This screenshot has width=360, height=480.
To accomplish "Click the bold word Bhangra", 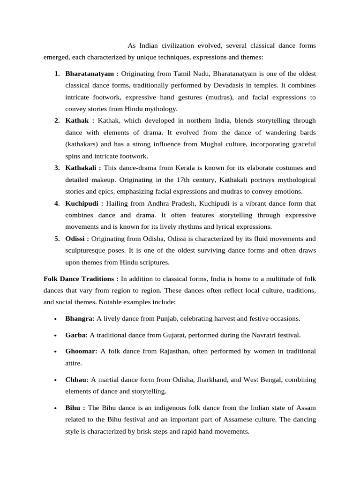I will point(80,319).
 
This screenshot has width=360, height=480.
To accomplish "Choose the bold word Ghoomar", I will point(81,351).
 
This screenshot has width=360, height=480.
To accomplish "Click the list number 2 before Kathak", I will point(57,121).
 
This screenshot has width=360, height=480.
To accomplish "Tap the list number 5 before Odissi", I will point(57,239).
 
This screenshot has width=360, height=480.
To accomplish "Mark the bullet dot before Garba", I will point(55,336).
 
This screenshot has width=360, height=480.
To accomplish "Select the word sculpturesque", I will point(87,250).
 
